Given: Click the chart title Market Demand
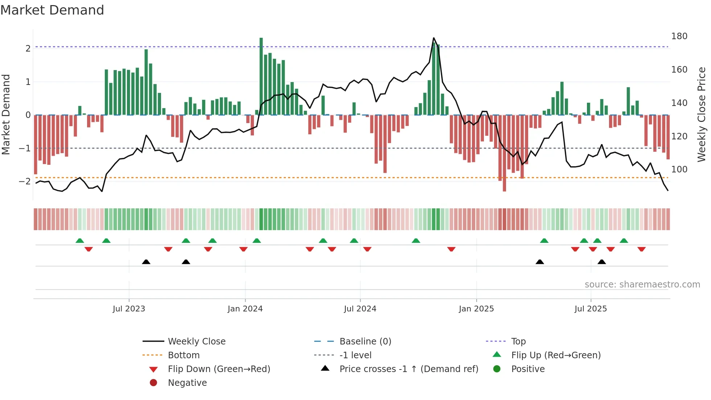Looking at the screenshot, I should pyautogui.click(x=52, y=10).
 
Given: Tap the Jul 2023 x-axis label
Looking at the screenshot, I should pyautogui.click(x=129, y=309).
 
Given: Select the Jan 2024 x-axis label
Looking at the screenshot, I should pyautogui.click(x=245, y=309).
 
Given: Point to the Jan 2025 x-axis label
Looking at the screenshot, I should pyautogui.click(x=476, y=309).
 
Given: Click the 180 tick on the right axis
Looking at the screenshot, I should pyautogui.click(x=679, y=36).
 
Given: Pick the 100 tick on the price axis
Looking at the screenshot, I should pyautogui.click(x=679, y=170).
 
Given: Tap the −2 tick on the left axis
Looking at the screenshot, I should pyautogui.click(x=25, y=181).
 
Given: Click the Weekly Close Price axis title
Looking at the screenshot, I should pyautogui.click(x=702, y=114).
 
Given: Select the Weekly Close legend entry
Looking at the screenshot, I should pyautogui.click(x=196, y=342).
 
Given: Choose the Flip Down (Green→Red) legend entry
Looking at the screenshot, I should pyautogui.click(x=219, y=369).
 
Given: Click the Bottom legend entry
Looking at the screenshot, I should pyautogui.click(x=184, y=355).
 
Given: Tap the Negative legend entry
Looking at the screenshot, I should pyautogui.click(x=187, y=383).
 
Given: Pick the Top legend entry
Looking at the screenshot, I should pyautogui.click(x=518, y=342).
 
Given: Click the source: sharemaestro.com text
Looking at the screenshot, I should pyautogui.click(x=642, y=285).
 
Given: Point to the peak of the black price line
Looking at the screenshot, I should pyautogui.click(x=433, y=38).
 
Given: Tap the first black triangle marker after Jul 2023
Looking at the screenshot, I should pyautogui.click(x=146, y=262).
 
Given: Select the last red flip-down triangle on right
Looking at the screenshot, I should pyautogui.click(x=641, y=249).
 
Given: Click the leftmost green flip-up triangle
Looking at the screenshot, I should pyautogui.click(x=80, y=241).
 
